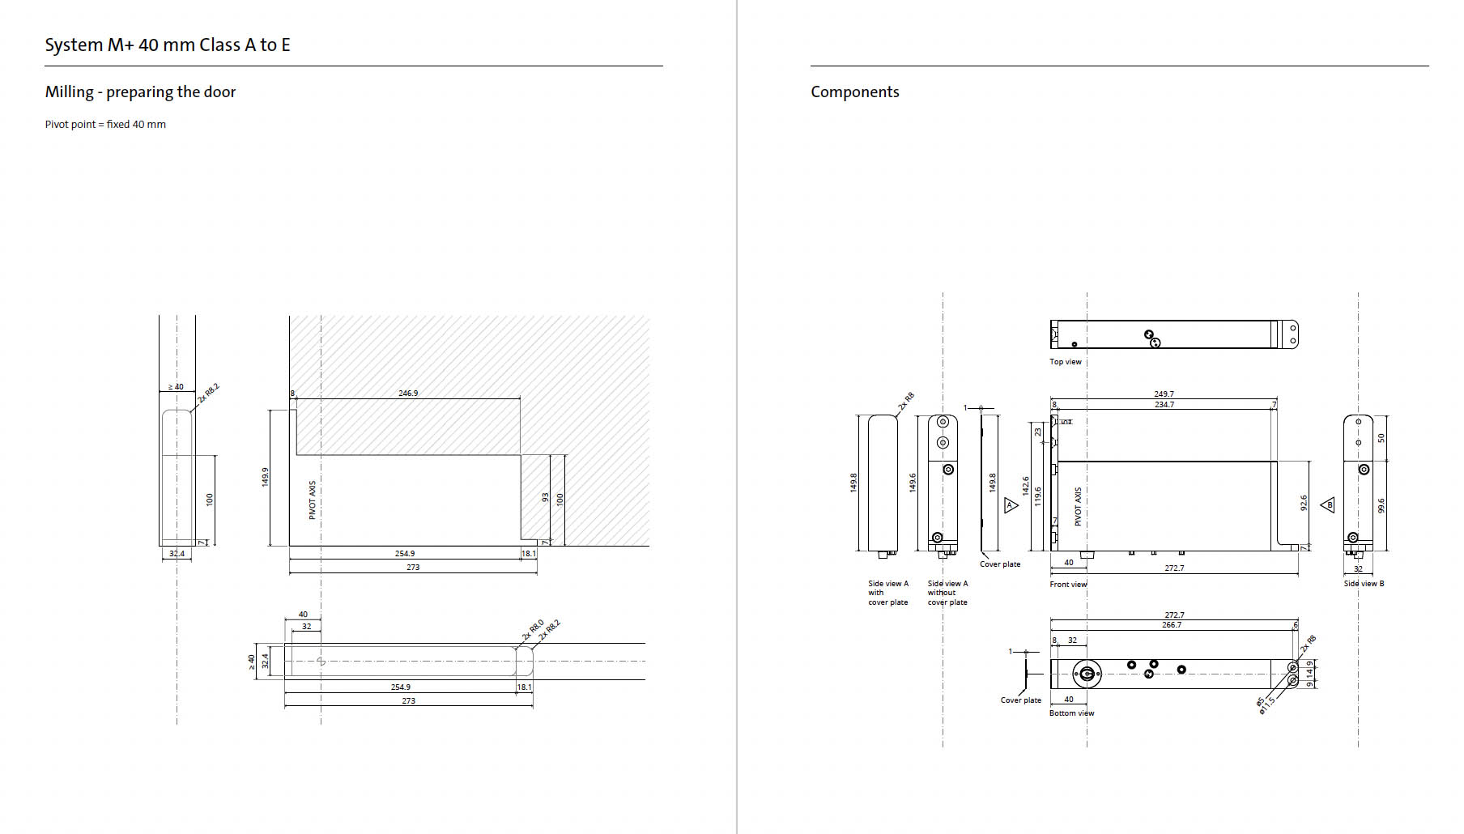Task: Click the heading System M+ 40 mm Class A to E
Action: pyautogui.click(x=168, y=45)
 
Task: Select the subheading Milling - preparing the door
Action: pyautogui.click(x=140, y=92)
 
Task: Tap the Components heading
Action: pyautogui.click(x=854, y=92)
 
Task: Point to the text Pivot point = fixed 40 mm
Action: pyautogui.click(x=105, y=125)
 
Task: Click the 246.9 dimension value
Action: pyautogui.click(x=408, y=393)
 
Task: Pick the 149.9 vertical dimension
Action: pyautogui.click(x=265, y=477)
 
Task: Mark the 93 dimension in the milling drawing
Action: pyautogui.click(x=545, y=497)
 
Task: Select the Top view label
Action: pyautogui.click(x=1065, y=362)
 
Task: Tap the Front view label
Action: pyautogui.click(x=1068, y=585)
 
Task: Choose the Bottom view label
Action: pyautogui.click(x=1071, y=713)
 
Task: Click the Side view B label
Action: pyautogui.click(x=1364, y=584)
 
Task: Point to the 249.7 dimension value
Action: pyautogui.click(x=1164, y=394)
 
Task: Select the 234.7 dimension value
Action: pyautogui.click(x=1164, y=404)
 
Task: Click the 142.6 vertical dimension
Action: pyautogui.click(x=1025, y=486)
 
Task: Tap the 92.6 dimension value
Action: pyautogui.click(x=1304, y=503)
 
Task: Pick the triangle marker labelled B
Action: pyautogui.click(x=1328, y=505)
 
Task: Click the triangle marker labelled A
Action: pyautogui.click(x=1011, y=505)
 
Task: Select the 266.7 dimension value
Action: pyautogui.click(x=1171, y=625)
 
